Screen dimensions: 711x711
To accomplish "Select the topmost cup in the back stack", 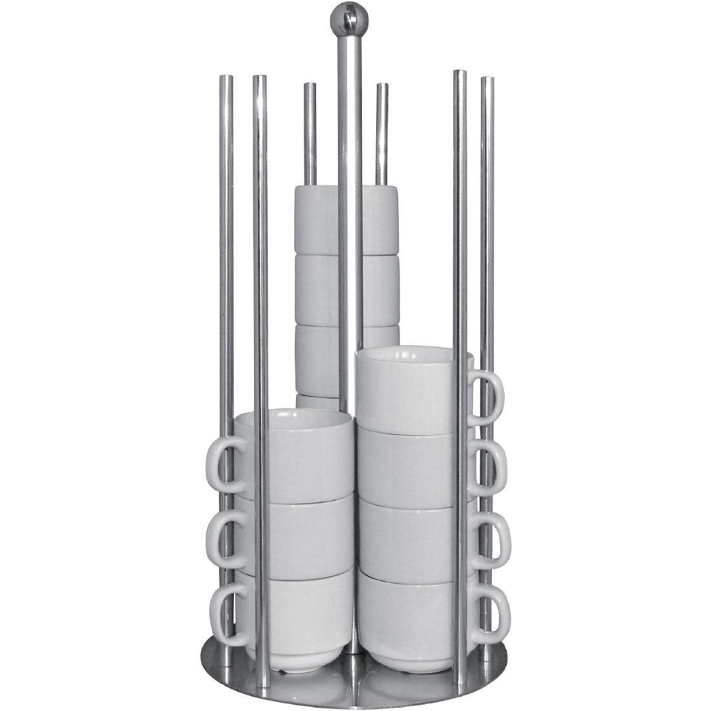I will (317, 220).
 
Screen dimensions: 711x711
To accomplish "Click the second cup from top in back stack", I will (317, 290).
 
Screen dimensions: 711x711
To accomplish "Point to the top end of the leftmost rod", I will (226, 79).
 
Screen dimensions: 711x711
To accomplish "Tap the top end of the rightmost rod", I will (487, 81).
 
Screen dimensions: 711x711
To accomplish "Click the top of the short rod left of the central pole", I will (310, 86).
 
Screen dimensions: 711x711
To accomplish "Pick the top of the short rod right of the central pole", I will (382, 87).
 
